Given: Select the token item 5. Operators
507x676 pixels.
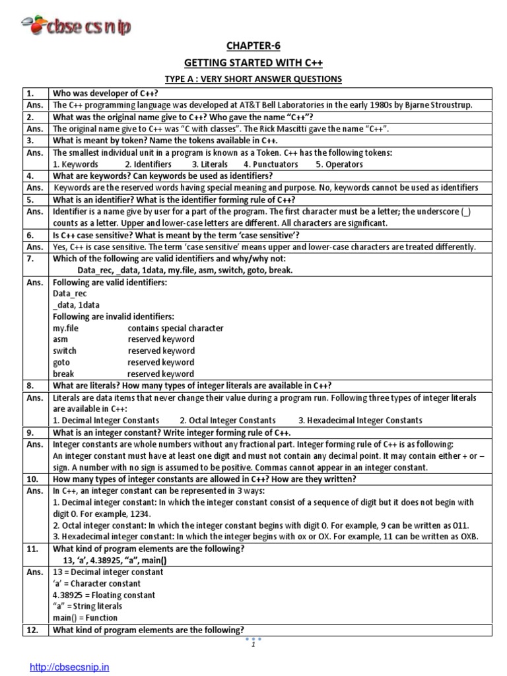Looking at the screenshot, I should click(340, 164).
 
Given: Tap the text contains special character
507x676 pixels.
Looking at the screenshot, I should click(176, 328).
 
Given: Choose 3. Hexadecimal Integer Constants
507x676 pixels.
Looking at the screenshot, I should click(360, 420).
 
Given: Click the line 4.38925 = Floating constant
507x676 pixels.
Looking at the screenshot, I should click(104, 595).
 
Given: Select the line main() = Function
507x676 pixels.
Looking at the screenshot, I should click(85, 618).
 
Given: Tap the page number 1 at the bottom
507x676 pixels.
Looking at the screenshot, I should click(253, 645).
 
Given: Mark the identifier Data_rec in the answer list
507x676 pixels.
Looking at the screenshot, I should click(70, 293).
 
